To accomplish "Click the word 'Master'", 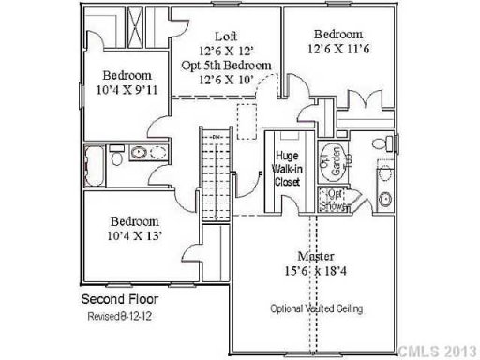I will coord(311,255).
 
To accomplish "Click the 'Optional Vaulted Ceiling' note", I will coord(317,307).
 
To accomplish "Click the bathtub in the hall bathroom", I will coord(94,159).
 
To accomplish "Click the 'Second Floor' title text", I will coord(126,301).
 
